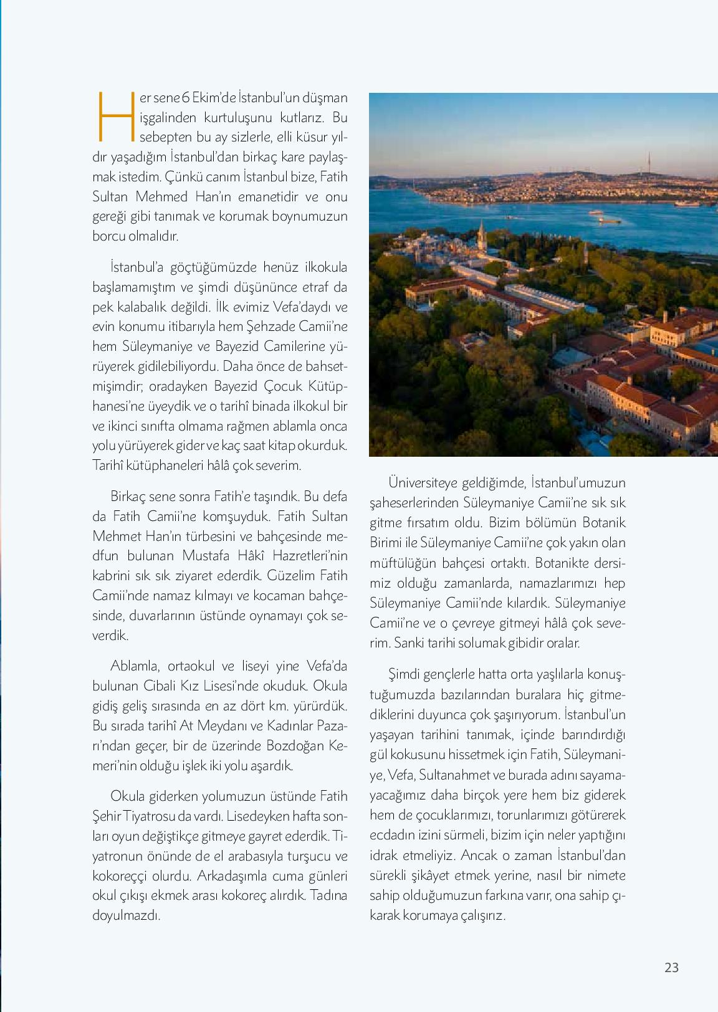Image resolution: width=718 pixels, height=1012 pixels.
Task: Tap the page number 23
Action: click(x=671, y=967)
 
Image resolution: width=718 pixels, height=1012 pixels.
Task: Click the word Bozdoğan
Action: click(x=294, y=746)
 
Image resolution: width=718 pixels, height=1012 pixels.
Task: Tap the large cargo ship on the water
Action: click(x=610, y=219)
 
